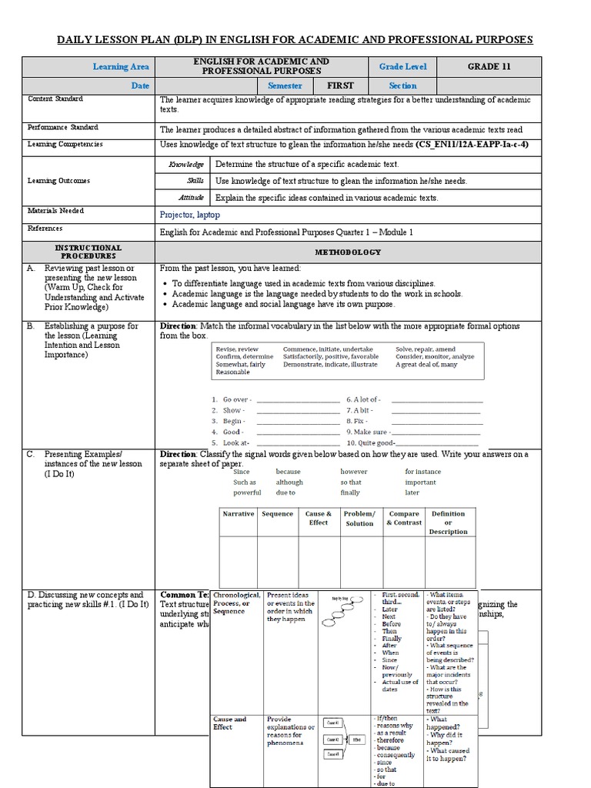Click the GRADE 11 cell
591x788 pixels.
click(x=488, y=67)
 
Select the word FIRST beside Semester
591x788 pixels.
click(x=340, y=86)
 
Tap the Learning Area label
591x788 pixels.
click(x=121, y=67)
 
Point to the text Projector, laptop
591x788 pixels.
click(x=189, y=215)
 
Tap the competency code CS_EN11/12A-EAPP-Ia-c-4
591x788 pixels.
click(x=472, y=144)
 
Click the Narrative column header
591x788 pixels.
click(x=238, y=514)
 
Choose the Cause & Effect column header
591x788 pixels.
click(x=319, y=518)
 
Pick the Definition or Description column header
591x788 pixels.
click(x=448, y=523)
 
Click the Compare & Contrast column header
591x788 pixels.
click(x=404, y=518)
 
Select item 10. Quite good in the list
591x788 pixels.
click(x=370, y=443)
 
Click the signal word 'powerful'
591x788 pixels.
click(x=247, y=492)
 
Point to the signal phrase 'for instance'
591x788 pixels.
click(x=423, y=471)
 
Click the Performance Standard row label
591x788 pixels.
click(x=63, y=128)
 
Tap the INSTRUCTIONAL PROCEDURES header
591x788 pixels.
click(x=88, y=251)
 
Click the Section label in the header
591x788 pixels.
click(x=402, y=86)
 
